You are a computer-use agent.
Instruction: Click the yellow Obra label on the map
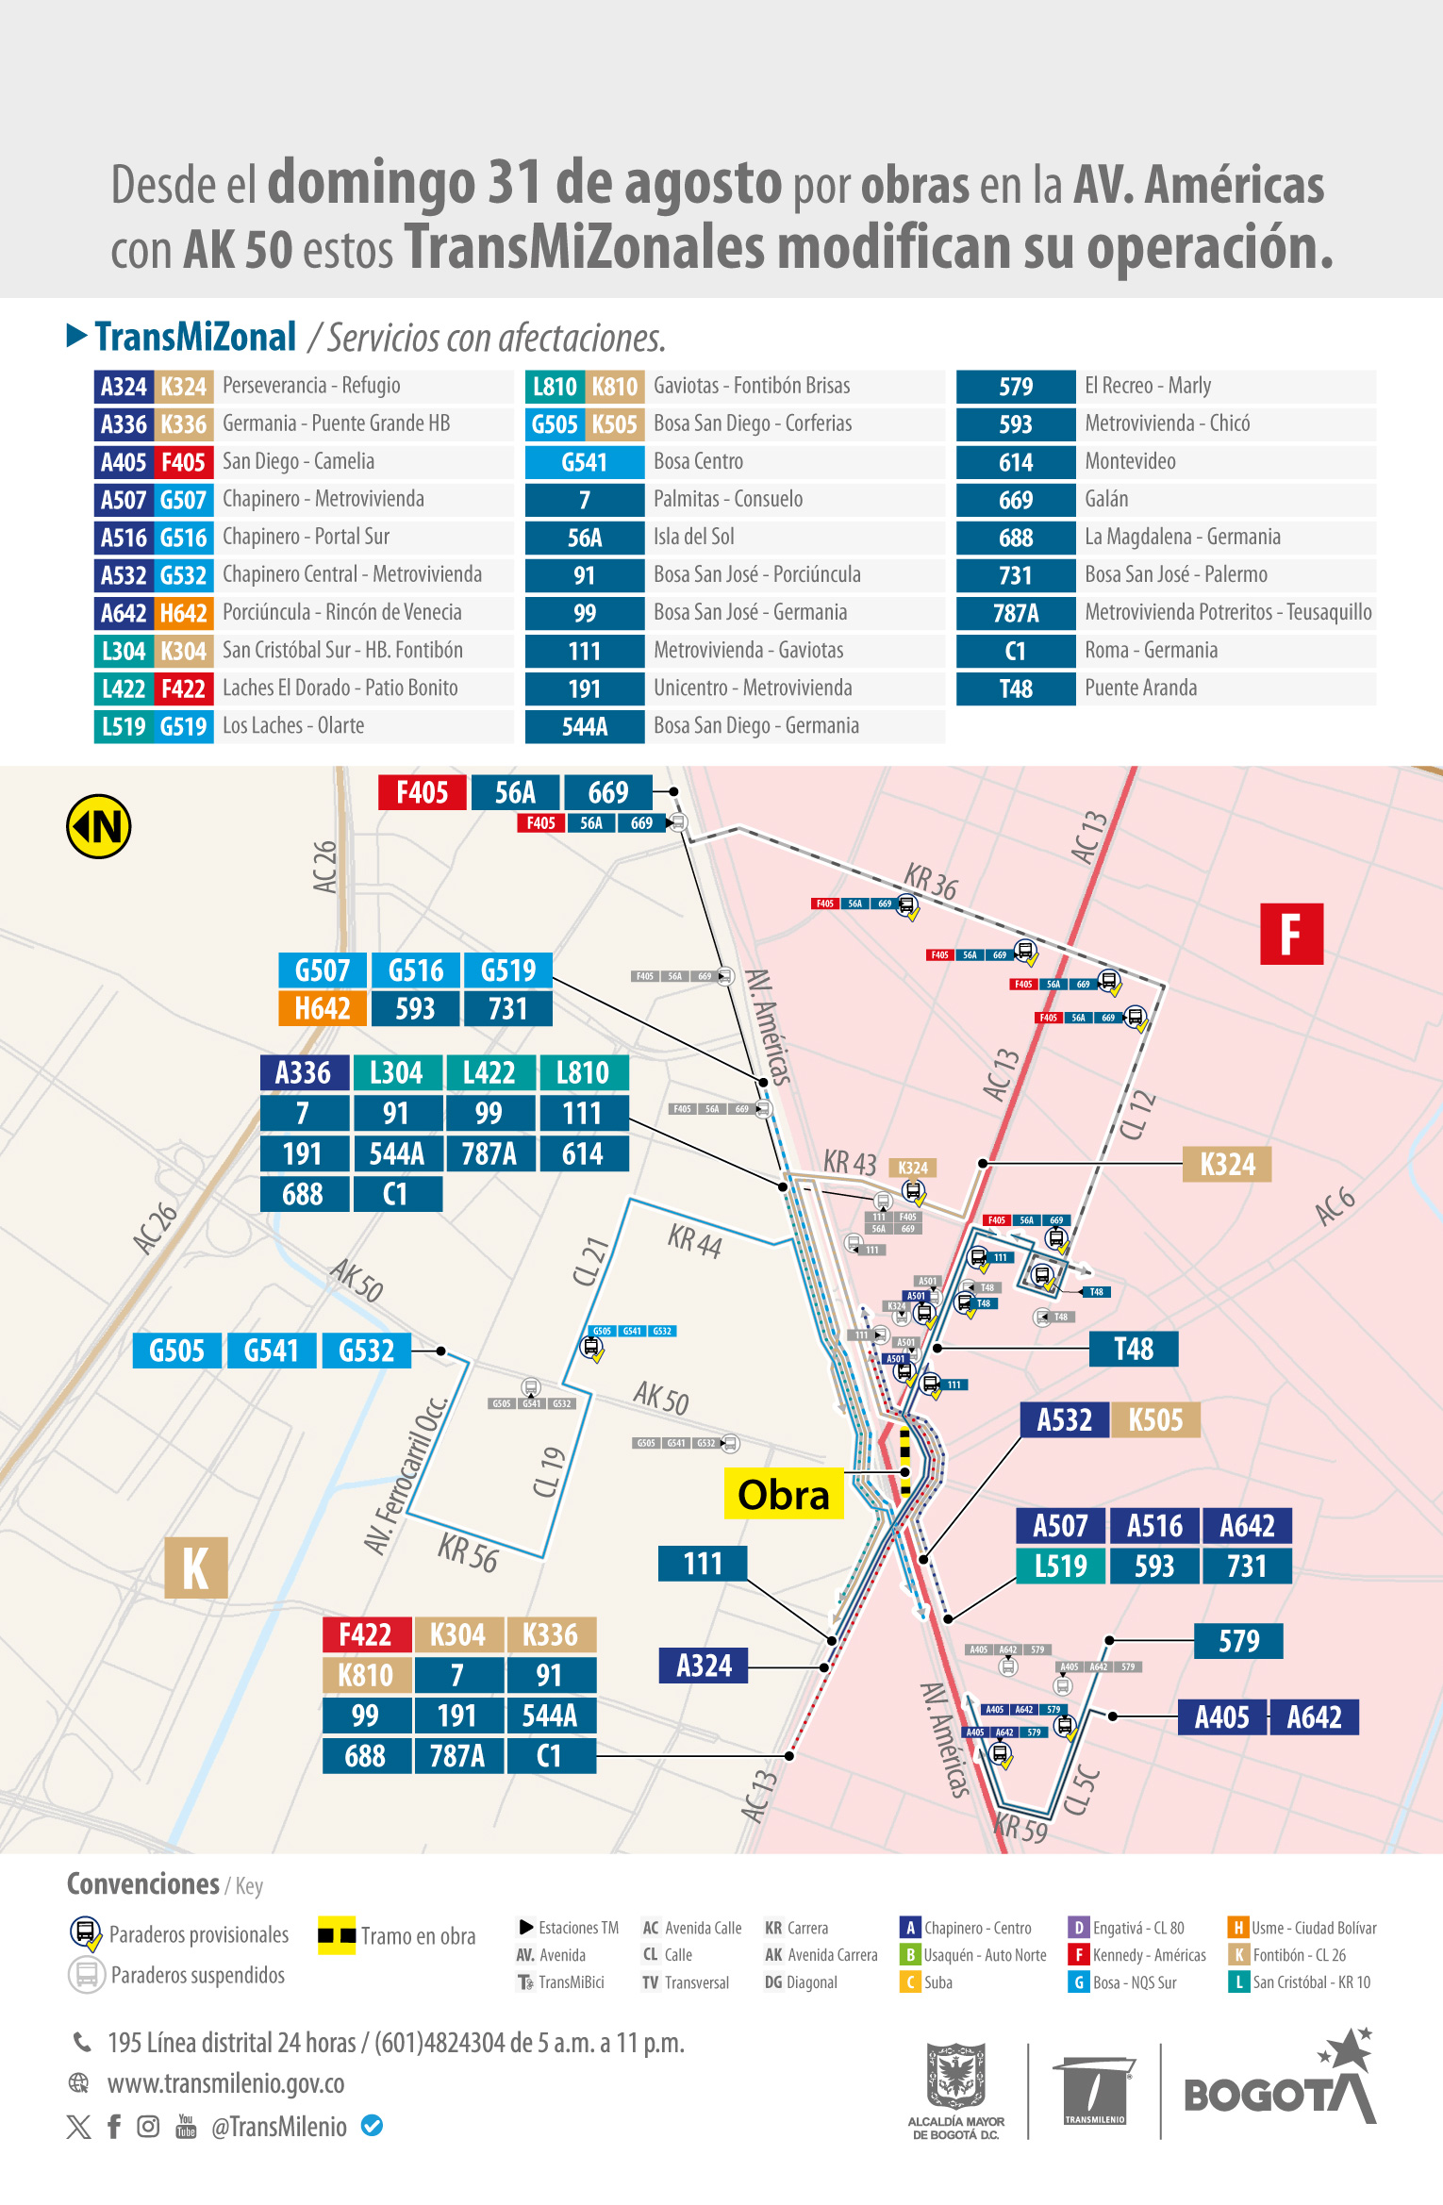[x=783, y=1494]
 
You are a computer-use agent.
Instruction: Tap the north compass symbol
[x=98, y=827]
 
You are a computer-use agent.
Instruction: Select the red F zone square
[x=1291, y=934]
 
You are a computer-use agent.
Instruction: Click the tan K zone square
[x=196, y=1567]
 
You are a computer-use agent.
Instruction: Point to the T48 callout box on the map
[x=1133, y=1349]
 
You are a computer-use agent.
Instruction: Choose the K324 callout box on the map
[x=1227, y=1165]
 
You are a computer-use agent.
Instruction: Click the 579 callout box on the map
[x=1238, y=1641]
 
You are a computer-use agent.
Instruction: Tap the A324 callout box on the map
[x=704, y=1666]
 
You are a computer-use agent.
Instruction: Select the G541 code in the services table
[x=584, y=462]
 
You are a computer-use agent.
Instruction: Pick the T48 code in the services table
[x=1016, y=688]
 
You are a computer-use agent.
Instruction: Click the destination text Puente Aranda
[x=1140, y=688]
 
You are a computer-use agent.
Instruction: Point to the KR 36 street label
[x=930, y=881]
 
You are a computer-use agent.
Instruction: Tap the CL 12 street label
[x=1138, y=1115]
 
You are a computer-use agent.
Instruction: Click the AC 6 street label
[x=1335, y=1206]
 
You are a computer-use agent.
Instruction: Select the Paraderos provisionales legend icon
[x=86, y=1933]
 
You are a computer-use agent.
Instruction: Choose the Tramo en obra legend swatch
[x=337, y=1935]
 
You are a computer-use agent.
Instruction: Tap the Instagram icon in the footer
[x=148, y=2126]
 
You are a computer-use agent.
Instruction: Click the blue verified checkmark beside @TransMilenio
[x=373, y=2126]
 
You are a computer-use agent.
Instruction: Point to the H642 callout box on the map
[x=323, y=1009]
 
